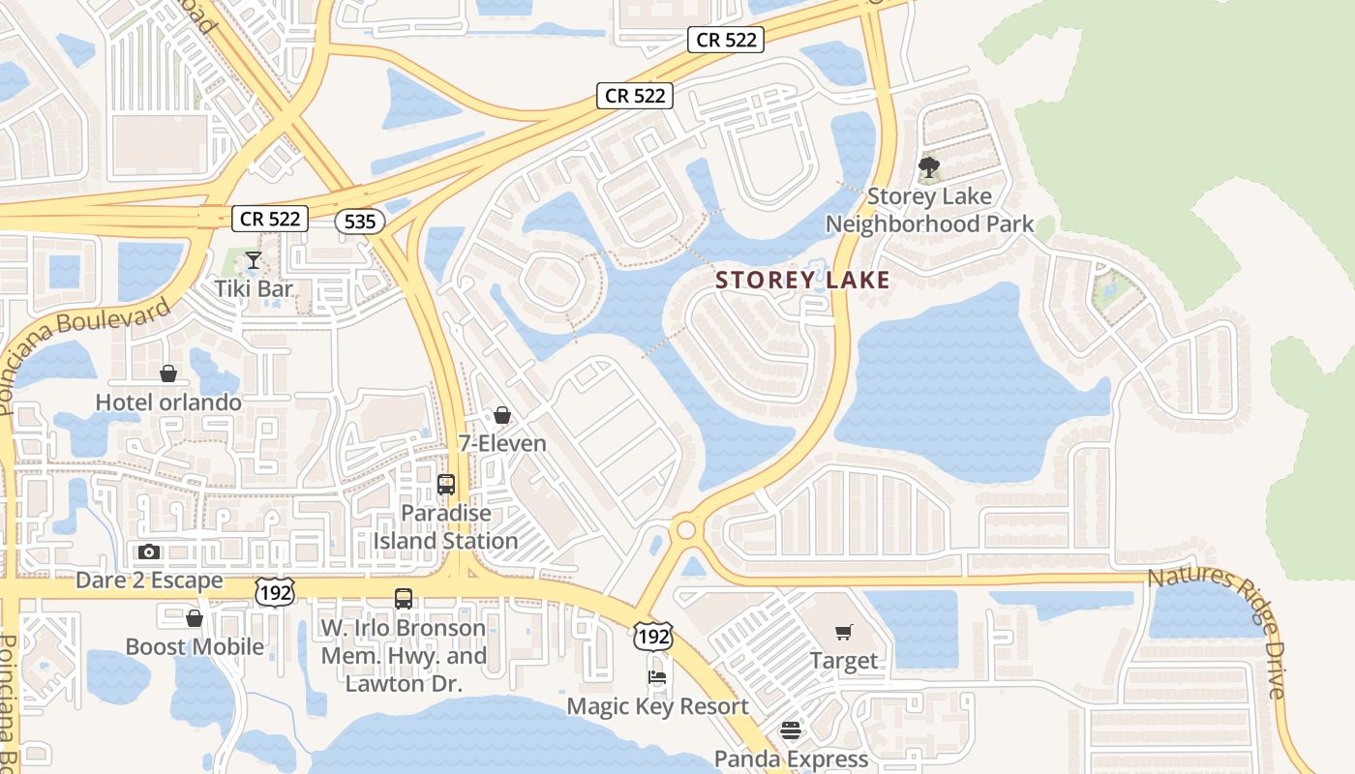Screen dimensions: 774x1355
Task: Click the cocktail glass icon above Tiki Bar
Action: pyautogui.click(x=253, y=259)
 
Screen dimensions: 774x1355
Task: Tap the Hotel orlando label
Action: pyautogui.click(x=168, y=402)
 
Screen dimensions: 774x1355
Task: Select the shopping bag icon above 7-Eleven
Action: pyautogui.click(x=502, y=415)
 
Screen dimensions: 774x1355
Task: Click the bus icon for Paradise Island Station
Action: pyautogui.click(x=446, y=484)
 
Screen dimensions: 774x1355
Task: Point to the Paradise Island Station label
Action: pyautogui.click(x=446, y=526)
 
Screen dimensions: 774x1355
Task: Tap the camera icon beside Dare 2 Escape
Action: pyautogui.click(x=149, y=551)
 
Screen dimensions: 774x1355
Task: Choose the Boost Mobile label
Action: pyautogui.click(x=195, y=646)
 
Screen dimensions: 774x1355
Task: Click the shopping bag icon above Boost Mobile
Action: pyautogui.click(x=195, y=617)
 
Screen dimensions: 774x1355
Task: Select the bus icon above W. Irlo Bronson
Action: pyautogui.click(x=404, y=599)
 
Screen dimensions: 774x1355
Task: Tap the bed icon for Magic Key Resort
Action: pyautogui.click(x=657, y=677)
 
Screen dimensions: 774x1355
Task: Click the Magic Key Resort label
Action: pyautogui.click(x=657, y=706)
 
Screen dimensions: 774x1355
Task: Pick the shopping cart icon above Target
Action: pyautogui.click(x=844, y=633)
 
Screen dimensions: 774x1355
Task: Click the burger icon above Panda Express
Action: pyautogui.click(x=791, y=730)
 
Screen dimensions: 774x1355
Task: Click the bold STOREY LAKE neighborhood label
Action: pyautogui.click(x=802, y=281)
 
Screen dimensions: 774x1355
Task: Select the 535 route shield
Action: pyautogui.click(x=359, y=222)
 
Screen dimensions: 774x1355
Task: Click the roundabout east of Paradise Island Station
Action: pyautogui.click(x=687, y=529)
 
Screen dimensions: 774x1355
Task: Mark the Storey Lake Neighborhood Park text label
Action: pyautogui.click(x=929, y=210)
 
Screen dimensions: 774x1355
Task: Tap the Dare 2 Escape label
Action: pyautogui.click(x=149, y=581)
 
